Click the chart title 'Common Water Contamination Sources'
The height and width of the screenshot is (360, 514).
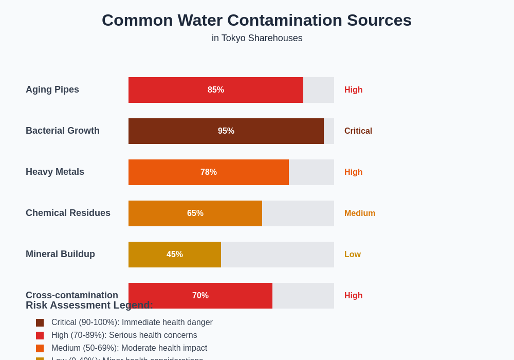[x=256, y=20]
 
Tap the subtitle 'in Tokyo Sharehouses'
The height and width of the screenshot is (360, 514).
[x=257, y=38]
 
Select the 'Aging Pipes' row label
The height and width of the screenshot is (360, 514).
[x=52, y=89]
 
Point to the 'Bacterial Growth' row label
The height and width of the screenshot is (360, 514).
[x=63, y=131]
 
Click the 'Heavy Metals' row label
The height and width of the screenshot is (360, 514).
[x=55, y=172]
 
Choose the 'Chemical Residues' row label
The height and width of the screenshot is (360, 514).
[x=68, y=213]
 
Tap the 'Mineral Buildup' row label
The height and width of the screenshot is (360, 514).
[x=60, y=254]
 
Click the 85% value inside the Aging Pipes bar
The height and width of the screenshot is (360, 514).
[x=216, y=90]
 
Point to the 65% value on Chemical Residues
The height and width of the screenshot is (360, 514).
[x=195, y=213]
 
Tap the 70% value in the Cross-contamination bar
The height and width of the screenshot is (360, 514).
[x=200, y=296]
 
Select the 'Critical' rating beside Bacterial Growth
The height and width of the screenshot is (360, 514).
[x=358, y=131]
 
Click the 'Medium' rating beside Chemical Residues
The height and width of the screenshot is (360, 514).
[x=360, y=213]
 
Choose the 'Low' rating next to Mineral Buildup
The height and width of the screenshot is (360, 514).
[x=353, y=255]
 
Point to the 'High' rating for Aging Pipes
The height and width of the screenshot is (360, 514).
[x=354, y=90]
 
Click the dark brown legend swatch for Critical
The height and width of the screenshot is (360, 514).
[x=40, y=322]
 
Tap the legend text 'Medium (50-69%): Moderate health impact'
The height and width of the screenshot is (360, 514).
[x=129, y=348]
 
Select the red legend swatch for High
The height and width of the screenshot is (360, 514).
[x=40, y=335]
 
